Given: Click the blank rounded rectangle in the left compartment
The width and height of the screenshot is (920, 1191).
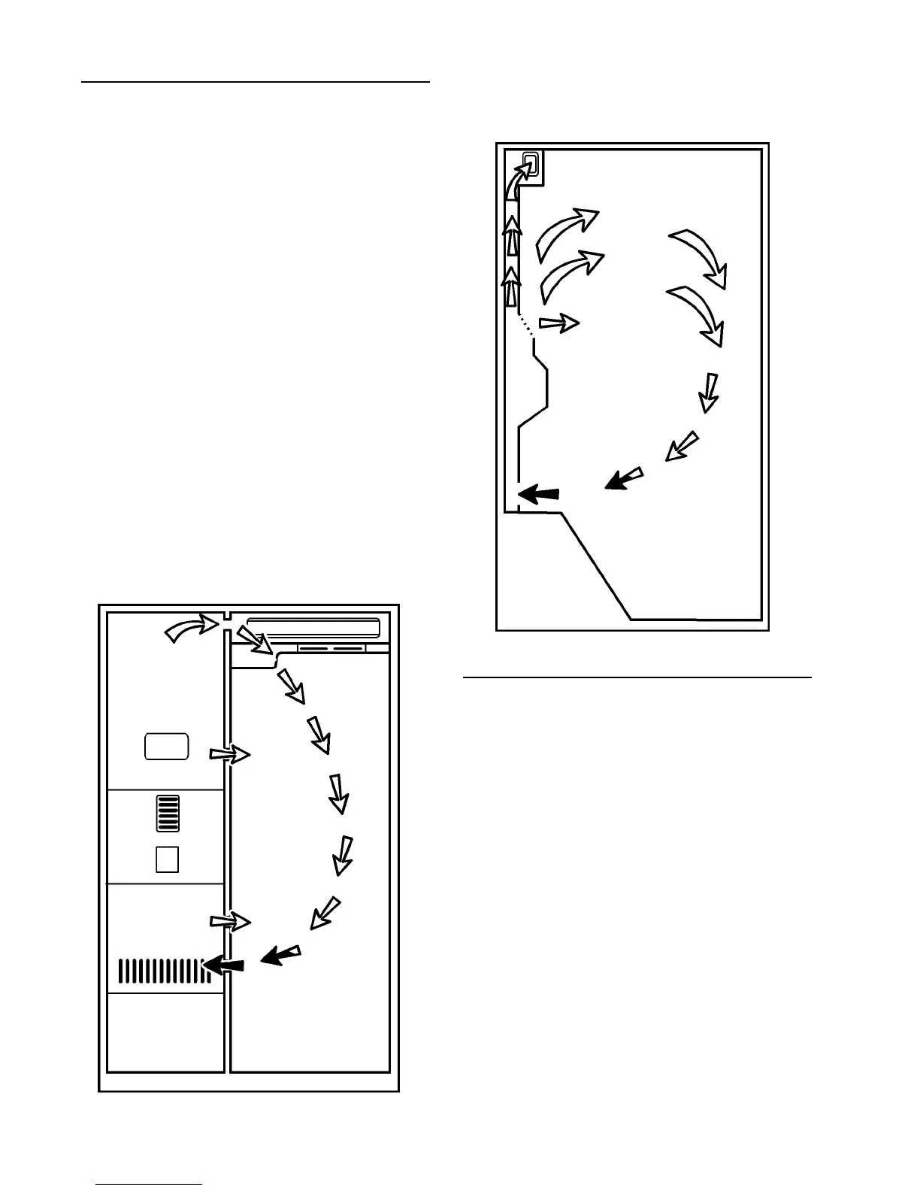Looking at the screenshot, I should pyautogui.click(x=166, y=745).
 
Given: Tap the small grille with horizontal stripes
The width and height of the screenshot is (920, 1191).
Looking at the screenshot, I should pyautogui.click(x=167, y=814).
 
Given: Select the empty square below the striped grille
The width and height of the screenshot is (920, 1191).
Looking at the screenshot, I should pyautogui.click(x=167, y=859).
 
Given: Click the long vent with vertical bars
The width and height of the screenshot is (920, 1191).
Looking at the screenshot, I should pyautogui.click(x=162, y=971).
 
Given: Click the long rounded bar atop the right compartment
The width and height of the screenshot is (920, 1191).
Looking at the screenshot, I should pyautogui.click(x=313, y=627).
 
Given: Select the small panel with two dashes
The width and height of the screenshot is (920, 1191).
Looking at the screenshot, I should pyautogui.click(x=331, y=647).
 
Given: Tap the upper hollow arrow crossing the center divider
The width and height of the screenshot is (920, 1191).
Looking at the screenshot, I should pyautogui.click(x=229, y=754).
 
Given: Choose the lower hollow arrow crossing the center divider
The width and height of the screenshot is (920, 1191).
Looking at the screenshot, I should pyautogui.click(x=229, y=921).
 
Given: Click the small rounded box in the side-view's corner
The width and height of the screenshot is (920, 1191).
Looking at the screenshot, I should pyautogui.click(x=530, y=163).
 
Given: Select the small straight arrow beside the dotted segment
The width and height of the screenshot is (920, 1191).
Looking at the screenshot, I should pyautogui.click(x=559, y=323).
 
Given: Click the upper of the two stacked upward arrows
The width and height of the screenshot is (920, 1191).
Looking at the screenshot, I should pyautogui.click(x=512, y=235).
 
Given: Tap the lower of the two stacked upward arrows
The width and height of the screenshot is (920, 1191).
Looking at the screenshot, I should pyautogui.click(x=511, y=286).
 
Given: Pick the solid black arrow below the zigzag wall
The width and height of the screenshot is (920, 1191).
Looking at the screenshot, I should pyautogui.click(x=539, y=494).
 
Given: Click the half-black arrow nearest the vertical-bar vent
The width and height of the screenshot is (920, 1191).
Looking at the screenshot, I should pyautogui.click(x=280, y=955).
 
